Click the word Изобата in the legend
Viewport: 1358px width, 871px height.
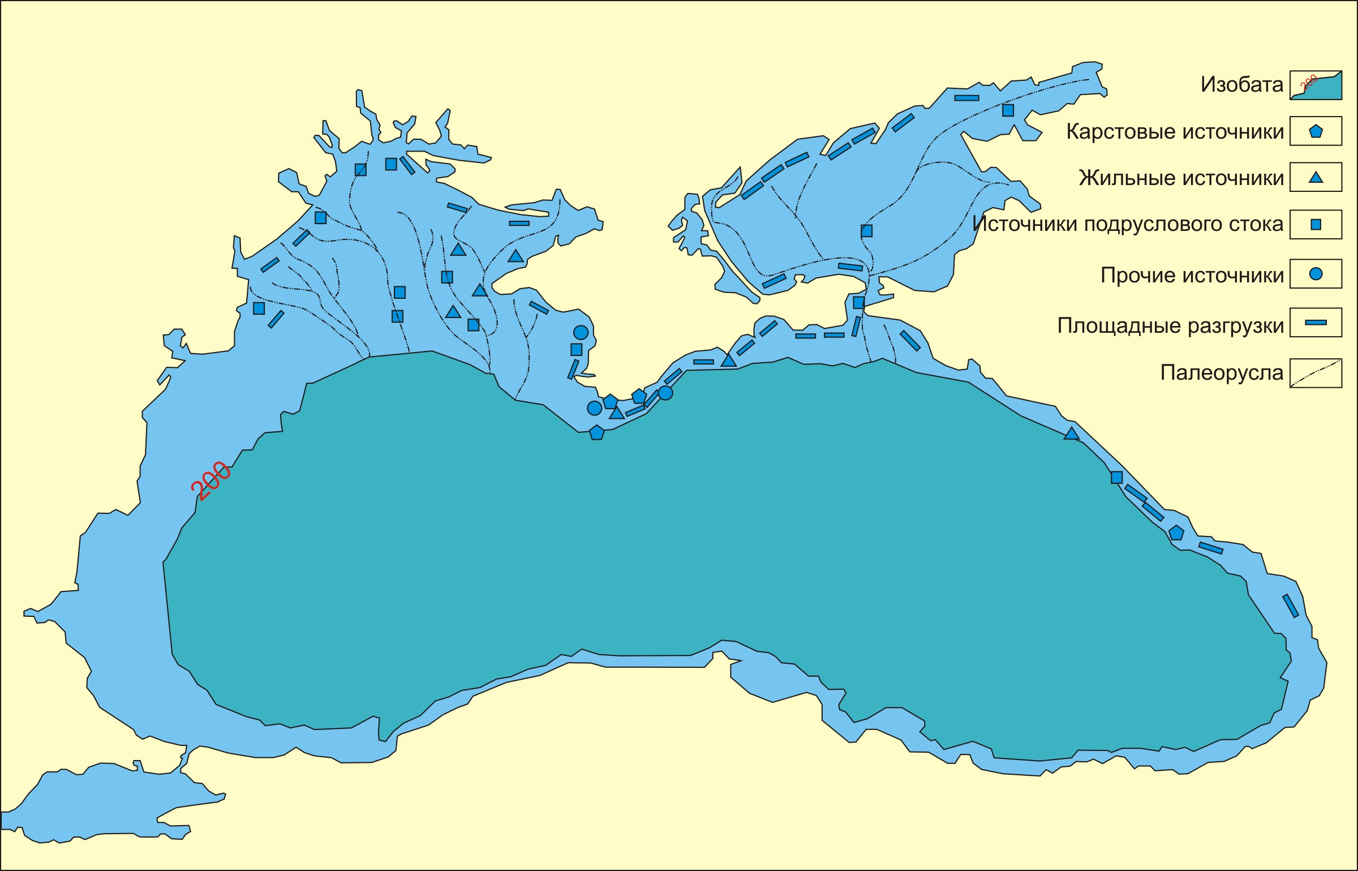click(x=1241, y=85)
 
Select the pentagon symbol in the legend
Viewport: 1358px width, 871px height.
click(x=1316, y=131)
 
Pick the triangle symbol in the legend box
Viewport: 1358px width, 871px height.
click(x=1316, y=178)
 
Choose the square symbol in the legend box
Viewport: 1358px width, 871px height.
click(x=1316, y=225)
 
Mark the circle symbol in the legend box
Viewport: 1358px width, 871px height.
click(x=1316, y=274)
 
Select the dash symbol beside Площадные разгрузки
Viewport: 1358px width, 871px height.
click(x=1316, y=323)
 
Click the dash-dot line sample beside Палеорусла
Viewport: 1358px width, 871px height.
click(x=1316, y=374)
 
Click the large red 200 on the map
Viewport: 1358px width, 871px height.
click(x=211, y=481)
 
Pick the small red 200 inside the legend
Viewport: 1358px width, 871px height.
click(x=1309, y=83)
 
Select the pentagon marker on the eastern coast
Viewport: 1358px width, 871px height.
click(x=1176, y=533)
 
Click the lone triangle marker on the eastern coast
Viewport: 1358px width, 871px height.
click(x=1071, y=434)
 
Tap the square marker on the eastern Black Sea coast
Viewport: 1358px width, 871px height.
click(x=1116, y=477)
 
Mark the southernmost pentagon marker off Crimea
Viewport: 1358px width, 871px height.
click(x=596, y=433)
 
